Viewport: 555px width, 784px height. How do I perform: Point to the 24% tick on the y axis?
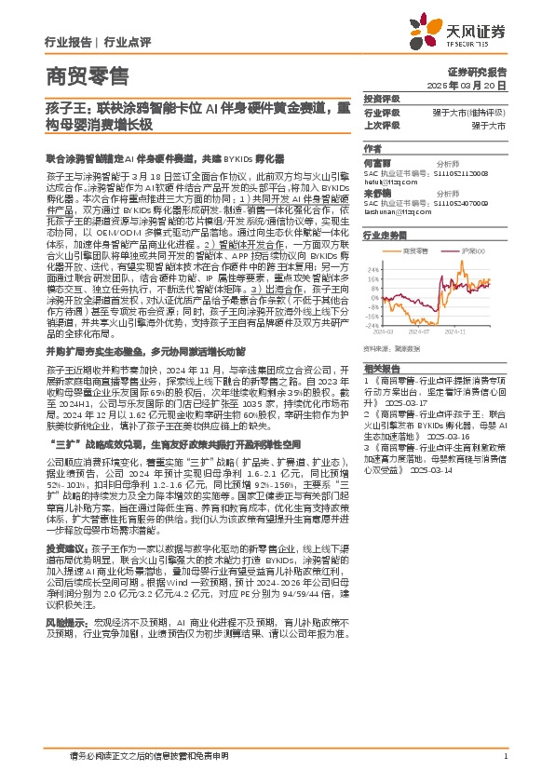point(371,263)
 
